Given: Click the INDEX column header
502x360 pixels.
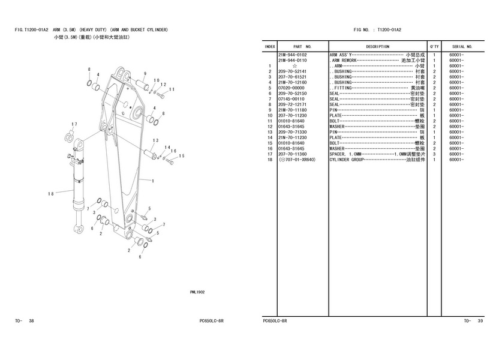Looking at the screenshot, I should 270,46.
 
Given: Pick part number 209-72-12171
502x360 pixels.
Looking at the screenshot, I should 292,104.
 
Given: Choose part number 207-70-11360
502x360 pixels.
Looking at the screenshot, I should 292,154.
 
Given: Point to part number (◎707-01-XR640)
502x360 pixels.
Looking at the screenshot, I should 297,160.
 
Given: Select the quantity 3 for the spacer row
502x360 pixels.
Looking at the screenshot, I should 434,154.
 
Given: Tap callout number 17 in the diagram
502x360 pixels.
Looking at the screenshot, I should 74,124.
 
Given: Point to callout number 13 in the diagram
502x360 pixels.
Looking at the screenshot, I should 155,140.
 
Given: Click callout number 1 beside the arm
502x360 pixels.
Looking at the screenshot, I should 154,181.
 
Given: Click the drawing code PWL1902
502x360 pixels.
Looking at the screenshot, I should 197,292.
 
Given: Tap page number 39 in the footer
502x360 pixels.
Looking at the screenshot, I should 480,321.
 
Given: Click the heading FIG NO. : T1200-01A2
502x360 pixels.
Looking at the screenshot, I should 377,29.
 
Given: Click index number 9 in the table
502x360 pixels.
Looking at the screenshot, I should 271,110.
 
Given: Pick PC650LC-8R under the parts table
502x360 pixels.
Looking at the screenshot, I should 275,321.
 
